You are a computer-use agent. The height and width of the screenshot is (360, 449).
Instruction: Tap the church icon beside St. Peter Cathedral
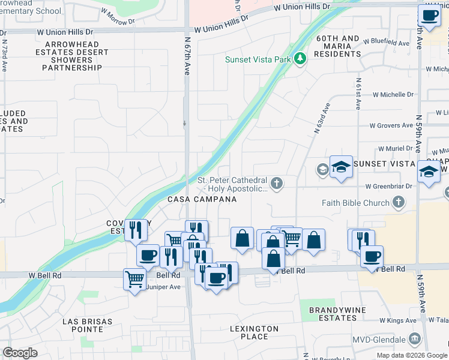pyautogui.click(x=276, y=183)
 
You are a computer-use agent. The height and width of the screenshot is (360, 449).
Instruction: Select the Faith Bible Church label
pyautogui.click(x=355, y=203)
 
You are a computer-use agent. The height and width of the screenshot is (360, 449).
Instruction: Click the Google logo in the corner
pyautogui.click(x=20, y=353)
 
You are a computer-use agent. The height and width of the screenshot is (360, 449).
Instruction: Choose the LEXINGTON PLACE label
pyautogui.click(x=255, y=332)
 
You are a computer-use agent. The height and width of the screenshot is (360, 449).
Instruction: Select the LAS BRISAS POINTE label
pyautogui.click(x=87, y=325)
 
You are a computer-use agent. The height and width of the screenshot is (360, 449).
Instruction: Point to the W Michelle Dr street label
pyautogui.click(x=393, y=95)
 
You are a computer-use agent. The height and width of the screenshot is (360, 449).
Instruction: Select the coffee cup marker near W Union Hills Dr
pyautogui.click(x=429, y=16)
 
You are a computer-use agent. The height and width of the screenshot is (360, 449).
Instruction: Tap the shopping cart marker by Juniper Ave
pyautogui.click(x=134, y=278)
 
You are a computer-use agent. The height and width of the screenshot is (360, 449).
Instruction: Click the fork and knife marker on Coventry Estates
pyautogui.click(x=136, y=230)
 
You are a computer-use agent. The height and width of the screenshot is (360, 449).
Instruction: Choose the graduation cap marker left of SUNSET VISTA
pyautogui.click(x=341, y=167)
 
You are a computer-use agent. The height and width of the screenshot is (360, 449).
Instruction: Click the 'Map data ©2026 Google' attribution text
pyautogui.click(x=412, y=355)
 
